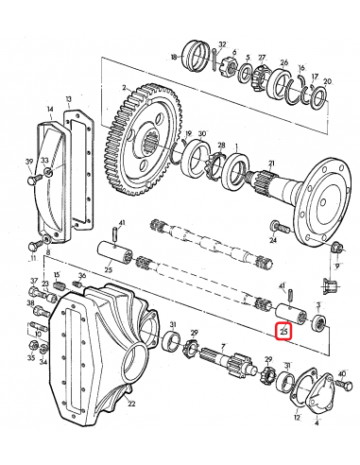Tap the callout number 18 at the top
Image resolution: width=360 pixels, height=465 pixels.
174,58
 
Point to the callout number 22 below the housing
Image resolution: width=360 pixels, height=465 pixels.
131,405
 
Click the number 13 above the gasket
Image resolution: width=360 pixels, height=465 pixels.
69,99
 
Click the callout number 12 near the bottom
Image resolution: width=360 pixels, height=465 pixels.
297,417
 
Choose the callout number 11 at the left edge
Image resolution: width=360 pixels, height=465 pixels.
33,256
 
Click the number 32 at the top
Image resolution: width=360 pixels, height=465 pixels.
222,44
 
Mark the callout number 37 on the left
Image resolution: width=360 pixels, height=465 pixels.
34,281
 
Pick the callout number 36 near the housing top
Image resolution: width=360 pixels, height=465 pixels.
81,276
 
